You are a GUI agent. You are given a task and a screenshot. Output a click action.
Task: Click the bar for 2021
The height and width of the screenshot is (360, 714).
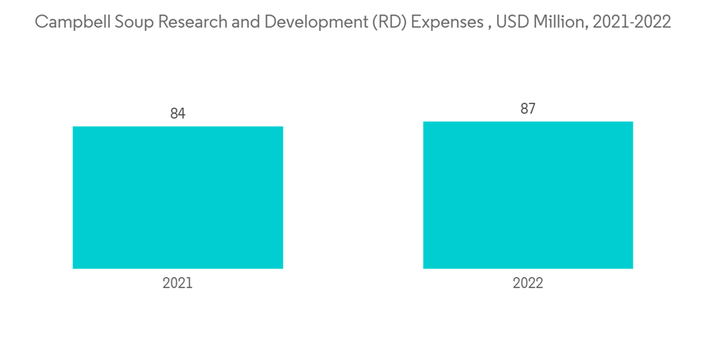[178, 197]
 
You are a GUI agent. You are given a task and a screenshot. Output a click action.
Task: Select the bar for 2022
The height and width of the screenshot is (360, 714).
[528, 195]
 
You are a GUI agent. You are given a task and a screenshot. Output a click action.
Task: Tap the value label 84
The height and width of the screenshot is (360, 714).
[178, 114]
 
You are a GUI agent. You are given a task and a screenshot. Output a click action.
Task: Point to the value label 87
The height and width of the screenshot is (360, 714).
[528, 109]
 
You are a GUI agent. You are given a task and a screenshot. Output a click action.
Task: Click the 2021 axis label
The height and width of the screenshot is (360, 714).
[178, 283]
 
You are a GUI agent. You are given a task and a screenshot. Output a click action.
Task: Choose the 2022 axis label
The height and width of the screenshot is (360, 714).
[528, 283]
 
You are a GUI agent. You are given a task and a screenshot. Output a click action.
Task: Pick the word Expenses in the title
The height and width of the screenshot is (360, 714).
[438, 22]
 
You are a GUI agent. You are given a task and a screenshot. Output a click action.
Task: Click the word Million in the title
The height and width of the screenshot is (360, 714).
[559, 22]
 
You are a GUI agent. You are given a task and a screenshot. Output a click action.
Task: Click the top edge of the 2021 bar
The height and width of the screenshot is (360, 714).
[178, 127]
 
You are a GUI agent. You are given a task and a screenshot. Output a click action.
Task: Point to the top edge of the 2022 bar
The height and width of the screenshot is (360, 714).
[528, 122]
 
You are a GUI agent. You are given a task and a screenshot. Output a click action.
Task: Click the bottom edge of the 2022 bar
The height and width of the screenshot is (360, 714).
[528, 268]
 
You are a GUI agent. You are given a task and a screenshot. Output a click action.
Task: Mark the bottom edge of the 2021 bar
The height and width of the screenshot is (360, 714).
[178, 268]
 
